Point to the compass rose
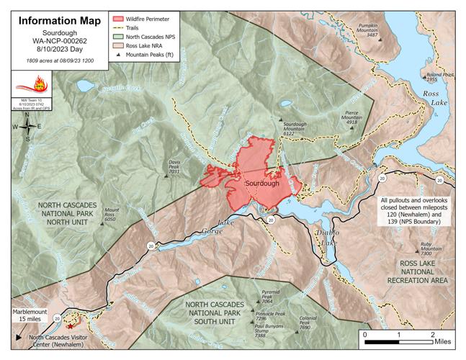[x=27, y=127]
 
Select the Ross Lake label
[x=435, y=99]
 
